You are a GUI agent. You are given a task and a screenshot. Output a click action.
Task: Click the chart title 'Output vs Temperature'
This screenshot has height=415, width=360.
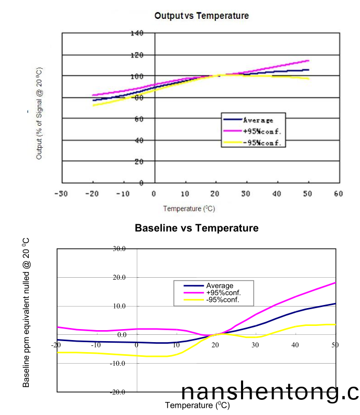(201, 16)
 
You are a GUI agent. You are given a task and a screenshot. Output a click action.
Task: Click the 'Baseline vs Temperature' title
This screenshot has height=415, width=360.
(197, 228)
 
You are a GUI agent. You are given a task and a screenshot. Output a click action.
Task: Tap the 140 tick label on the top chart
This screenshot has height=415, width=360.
(137, 33)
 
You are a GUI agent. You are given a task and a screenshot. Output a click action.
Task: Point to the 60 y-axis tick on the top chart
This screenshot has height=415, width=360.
(139, 119)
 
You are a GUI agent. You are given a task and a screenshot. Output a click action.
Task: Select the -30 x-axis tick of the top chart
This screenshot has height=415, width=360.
(62, 194)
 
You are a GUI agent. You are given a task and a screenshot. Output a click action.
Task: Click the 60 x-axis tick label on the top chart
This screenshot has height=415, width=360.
(338, 194)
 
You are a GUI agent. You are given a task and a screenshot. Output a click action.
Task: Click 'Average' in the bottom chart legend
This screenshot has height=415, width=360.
(220, 286)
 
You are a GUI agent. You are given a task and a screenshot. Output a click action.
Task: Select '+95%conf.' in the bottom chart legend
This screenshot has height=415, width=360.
(223, 292)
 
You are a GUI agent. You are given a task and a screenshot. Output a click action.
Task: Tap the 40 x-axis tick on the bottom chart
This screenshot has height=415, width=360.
(296, 345)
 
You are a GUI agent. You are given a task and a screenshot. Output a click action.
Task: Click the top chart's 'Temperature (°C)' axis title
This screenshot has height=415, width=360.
(189, 209)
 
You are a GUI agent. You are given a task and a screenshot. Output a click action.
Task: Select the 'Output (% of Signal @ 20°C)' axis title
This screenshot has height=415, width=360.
(39, 113)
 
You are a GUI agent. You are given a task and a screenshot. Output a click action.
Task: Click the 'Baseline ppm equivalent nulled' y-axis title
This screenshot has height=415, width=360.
(26, 312)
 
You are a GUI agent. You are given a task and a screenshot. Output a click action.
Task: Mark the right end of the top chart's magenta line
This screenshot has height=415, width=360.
(309, 60)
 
